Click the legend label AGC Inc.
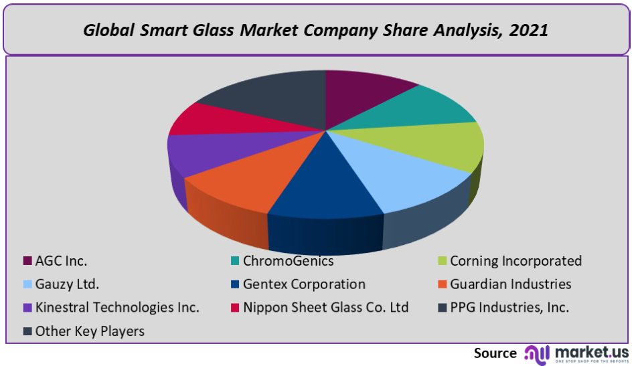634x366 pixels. tap(61, 261)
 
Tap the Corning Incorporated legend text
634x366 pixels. tap(516, 261)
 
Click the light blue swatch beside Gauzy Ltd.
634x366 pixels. tap(27, 284)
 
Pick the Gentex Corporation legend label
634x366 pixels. tap(304, 284)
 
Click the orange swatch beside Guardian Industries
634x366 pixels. tap(441, 284)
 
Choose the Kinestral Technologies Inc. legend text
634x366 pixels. tap(117, 308)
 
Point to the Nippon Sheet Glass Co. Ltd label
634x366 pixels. tap(325, 308)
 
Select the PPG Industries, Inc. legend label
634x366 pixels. tap(509, 308)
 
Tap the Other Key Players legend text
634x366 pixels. tap(90, 331)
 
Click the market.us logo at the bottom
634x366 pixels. tap(576, 353)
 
